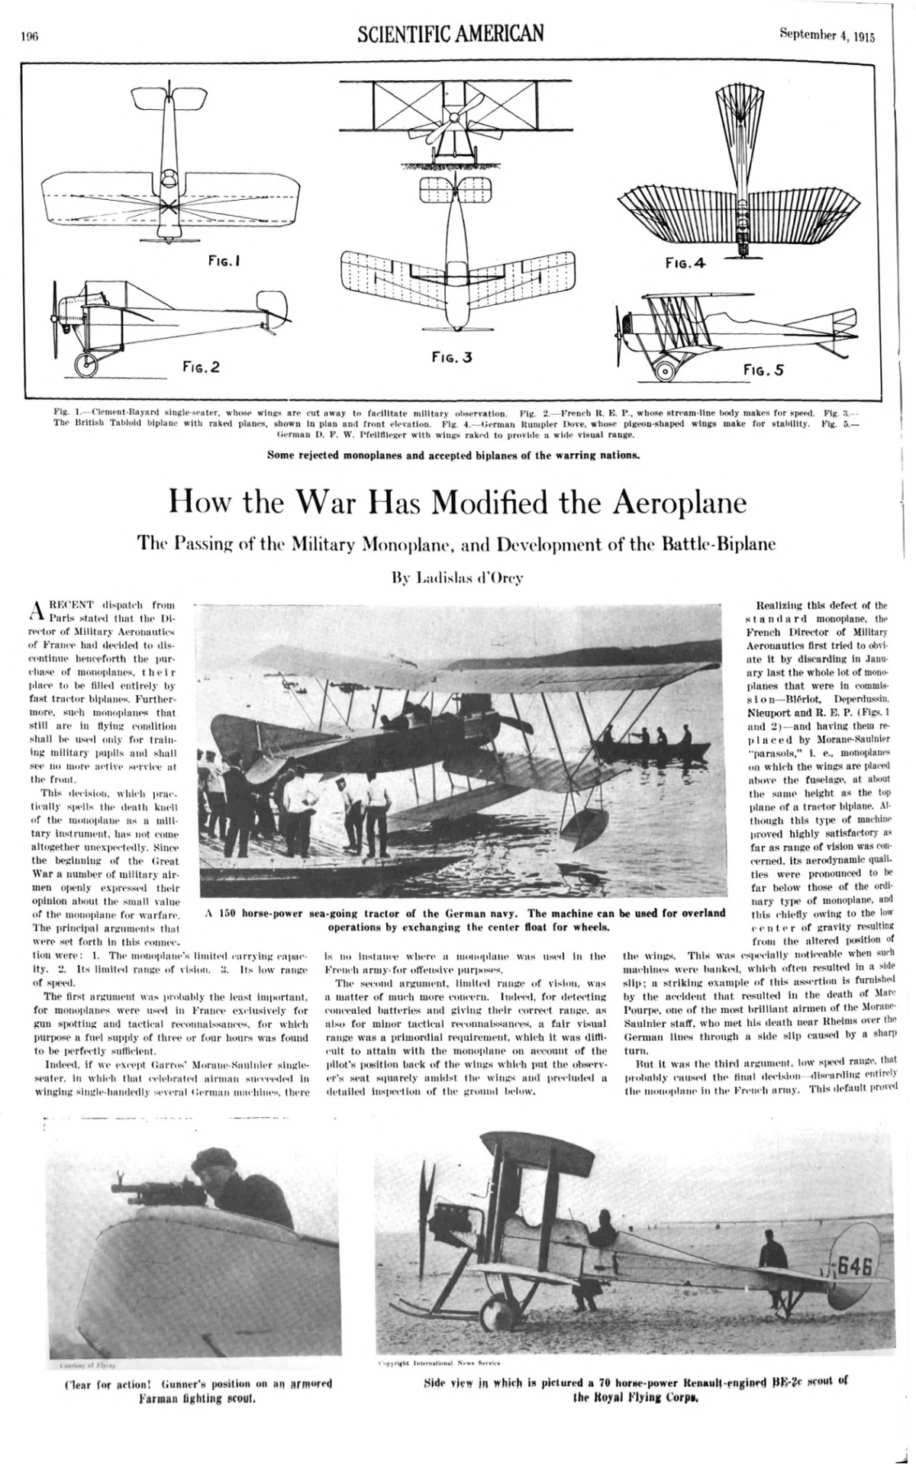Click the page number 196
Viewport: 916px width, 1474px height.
pyautogui.click(x=30, y=34)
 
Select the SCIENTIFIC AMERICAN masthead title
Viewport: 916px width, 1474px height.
pyautogui.click(x=450, y=33)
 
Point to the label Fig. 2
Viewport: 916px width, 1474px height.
pyautogui.click(x=200, y=367)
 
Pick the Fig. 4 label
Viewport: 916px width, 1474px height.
pyautogui.click(x=685, y=263)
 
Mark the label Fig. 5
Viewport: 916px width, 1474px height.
pyautogui.click(x=764, y=370)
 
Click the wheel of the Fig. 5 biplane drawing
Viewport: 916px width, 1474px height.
pyautogui.click(x=665, y=372)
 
